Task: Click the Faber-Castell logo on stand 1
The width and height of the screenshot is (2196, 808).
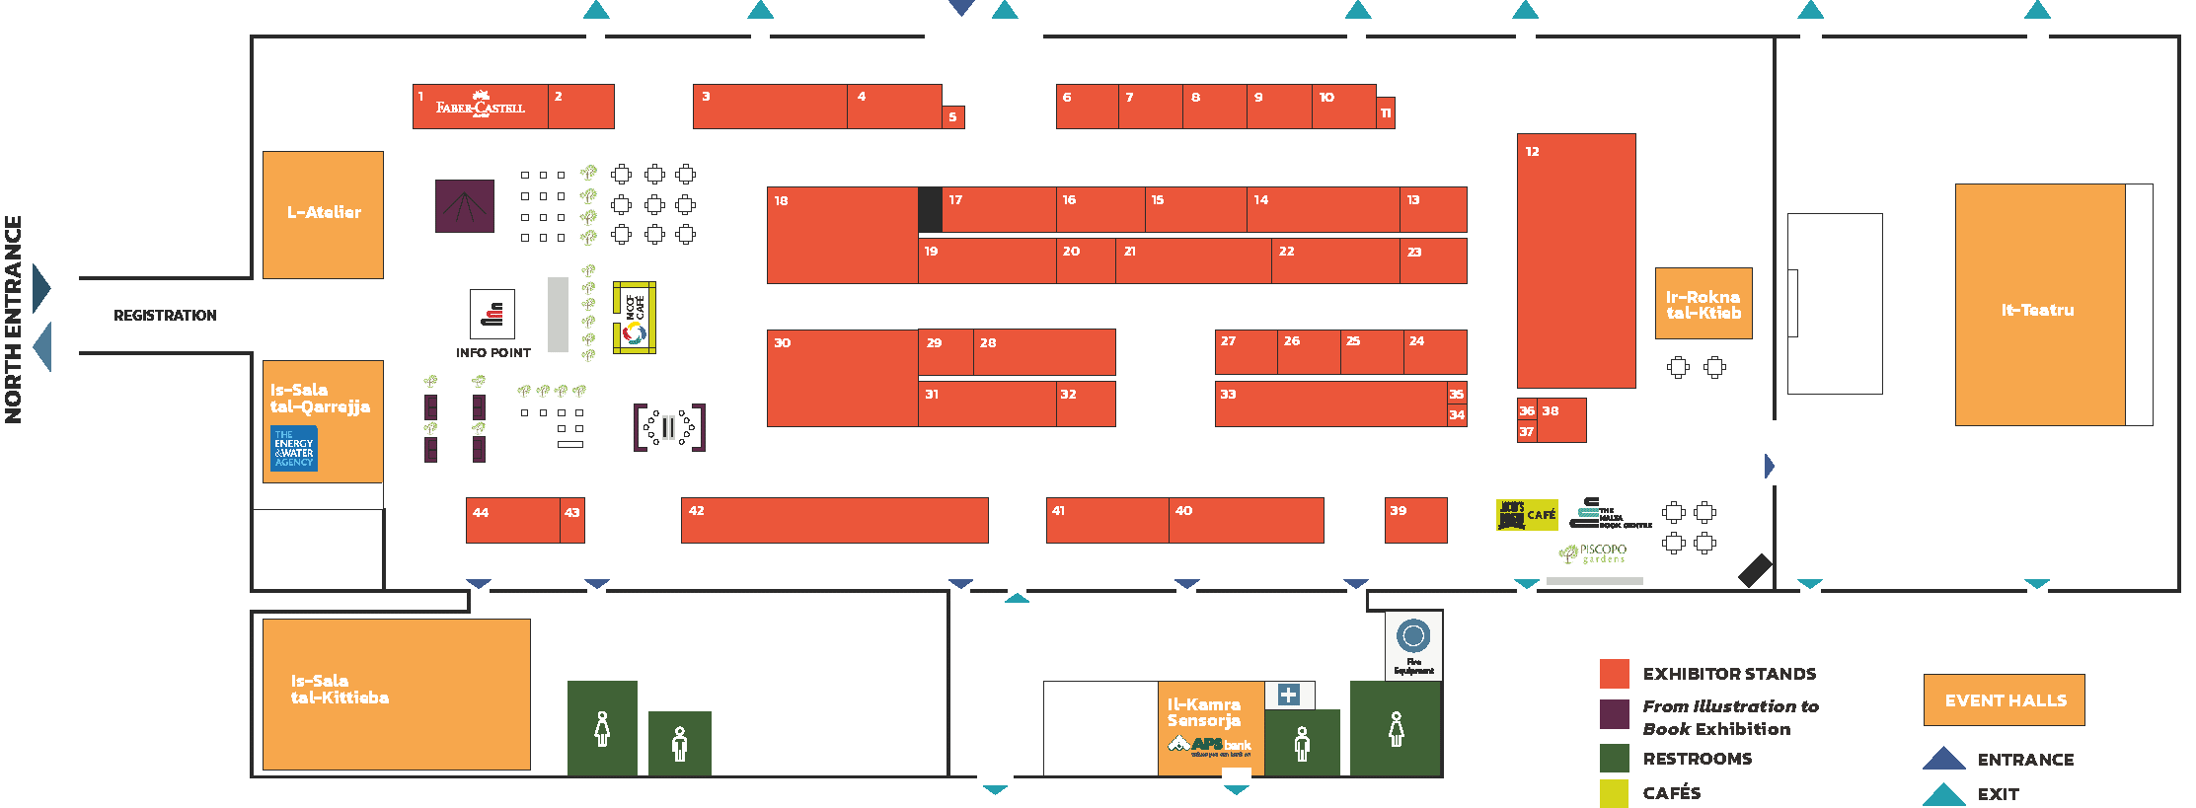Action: pos(481,105)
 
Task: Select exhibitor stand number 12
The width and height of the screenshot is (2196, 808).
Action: pos(1575,260)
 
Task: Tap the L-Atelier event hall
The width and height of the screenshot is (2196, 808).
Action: pos(323,214)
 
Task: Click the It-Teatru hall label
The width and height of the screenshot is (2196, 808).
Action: pos(2037,310)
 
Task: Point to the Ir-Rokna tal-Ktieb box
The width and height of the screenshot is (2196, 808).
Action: pos(1704,304)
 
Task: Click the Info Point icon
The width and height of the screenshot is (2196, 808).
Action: pos(492,315)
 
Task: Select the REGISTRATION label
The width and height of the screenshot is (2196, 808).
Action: pos(165,316)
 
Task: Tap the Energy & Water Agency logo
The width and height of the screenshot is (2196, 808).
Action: pos(294,448)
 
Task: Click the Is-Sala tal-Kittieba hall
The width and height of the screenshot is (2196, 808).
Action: pos(396,694)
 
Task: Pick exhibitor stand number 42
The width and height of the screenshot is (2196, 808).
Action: pos(834,520)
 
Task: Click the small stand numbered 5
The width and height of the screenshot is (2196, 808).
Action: pos(953,117)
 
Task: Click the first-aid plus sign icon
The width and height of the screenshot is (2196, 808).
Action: pos(1288,695)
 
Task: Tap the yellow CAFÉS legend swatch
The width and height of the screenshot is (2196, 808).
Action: pos(1614,792)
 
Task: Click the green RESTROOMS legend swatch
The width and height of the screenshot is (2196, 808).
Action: pos(1614,758)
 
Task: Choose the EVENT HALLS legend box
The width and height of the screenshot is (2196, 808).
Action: pos(2004,700)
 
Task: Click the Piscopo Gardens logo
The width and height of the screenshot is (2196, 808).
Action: pos(1593,553)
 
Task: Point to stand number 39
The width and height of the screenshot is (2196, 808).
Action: pos(1415,520)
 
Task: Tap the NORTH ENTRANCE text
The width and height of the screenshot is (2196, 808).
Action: pos(14,320)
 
